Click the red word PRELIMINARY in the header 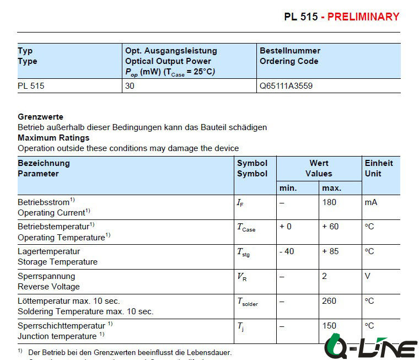click(363, 17)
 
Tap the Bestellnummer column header click(289, 51)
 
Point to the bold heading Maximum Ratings click(53, 138)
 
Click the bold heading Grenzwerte click(40, 117)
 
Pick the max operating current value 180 click(329, 202)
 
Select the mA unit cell click(370, 202)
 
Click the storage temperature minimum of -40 click(287, 251)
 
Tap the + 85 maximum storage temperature click(330, 251)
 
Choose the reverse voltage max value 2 click(324, 276)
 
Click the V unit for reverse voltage click(368, 276)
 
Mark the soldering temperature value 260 click(329, 301)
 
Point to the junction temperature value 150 click(329, 326)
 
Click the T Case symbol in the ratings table click(246, 228)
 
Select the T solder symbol click(248, 302)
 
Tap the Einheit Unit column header click(379, 168)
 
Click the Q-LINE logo click(370, 346)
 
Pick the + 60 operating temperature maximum click(330, 227)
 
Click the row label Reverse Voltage click(49, 287)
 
